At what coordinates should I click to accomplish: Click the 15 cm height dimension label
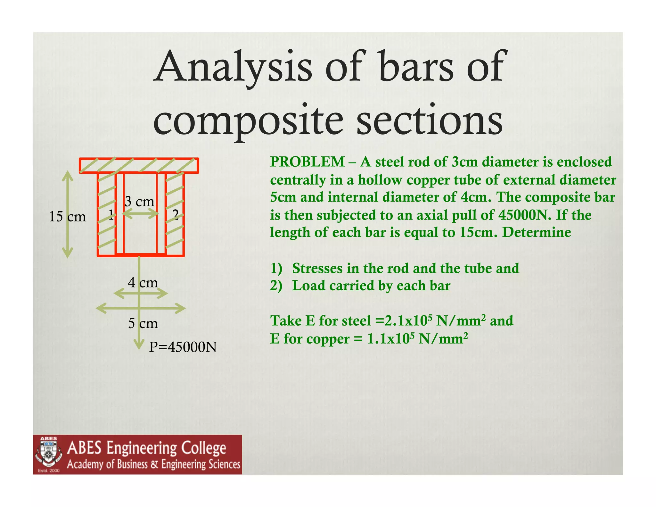point(67,217)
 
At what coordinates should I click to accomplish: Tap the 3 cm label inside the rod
point(139,202)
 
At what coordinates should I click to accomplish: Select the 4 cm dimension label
point(143,282)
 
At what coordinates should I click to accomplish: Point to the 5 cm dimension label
point(143,323)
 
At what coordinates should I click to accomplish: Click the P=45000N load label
point(183,347)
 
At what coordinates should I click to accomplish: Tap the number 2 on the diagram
point(175,214)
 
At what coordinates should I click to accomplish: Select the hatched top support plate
point(139,165)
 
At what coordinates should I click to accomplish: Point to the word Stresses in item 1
point(317,269)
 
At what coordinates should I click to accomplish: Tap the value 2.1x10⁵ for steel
point(408,320)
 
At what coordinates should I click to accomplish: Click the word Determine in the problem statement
point(537,232)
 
